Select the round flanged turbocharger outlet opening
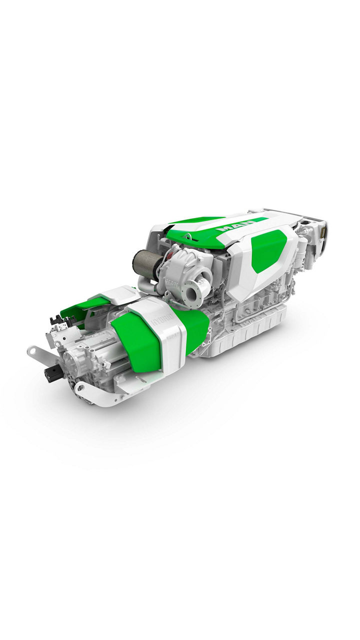click(x=190, y=291)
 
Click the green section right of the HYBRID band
click(x=196, y=328)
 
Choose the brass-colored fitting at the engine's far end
click(x=322, y=231)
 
